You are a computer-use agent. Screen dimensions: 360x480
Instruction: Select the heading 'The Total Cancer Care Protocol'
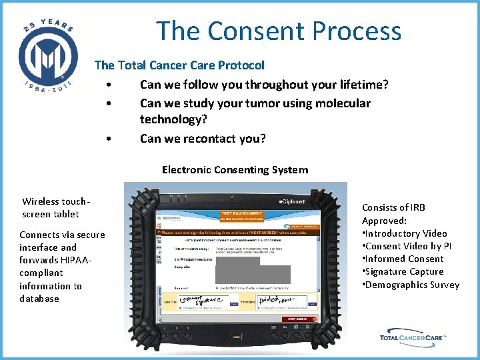[x=179, y=65]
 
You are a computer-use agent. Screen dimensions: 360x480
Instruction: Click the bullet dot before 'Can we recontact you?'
[x=108, y=139]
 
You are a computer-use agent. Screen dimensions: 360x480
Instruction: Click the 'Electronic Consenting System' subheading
[x=235, y=170]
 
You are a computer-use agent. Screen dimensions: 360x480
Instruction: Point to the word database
[x=39, y=299]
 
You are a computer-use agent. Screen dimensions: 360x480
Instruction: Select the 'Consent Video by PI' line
[x=407, y=246]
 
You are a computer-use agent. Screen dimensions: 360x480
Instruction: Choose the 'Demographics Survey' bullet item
[x=411, y=285]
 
